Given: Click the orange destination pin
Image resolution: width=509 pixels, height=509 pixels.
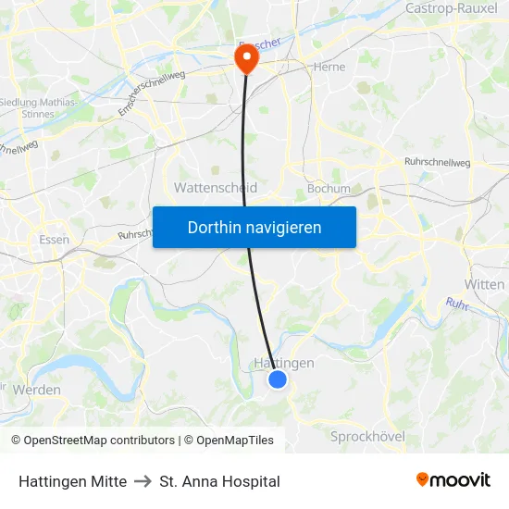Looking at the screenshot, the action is pos(247,58).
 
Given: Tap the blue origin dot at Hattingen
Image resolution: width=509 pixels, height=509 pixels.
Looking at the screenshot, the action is pos(278,379).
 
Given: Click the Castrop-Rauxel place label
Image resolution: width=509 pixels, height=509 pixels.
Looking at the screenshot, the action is pos(451,8).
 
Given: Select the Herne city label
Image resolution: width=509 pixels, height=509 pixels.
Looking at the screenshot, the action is pos(329,67).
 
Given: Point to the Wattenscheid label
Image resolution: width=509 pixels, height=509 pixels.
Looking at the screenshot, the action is pos(216,187).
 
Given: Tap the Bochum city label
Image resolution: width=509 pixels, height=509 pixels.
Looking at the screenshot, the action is pos(329,189).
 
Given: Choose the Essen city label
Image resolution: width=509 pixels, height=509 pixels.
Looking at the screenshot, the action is pos(55,239).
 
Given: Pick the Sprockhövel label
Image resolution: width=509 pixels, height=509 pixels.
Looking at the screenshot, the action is pos(367,435).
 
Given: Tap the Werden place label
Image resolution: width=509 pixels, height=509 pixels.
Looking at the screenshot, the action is pos(37,390).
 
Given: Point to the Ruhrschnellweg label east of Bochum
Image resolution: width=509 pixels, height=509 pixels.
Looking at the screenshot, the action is pos(437,163).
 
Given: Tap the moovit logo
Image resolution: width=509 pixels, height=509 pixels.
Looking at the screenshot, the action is pos(453,479).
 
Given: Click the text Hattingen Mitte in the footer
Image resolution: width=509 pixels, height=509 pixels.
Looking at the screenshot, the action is pos(72,481).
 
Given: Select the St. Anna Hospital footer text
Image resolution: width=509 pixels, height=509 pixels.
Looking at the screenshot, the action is pos(219,481).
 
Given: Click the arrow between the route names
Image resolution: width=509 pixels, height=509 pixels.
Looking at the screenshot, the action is pos(143,481).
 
